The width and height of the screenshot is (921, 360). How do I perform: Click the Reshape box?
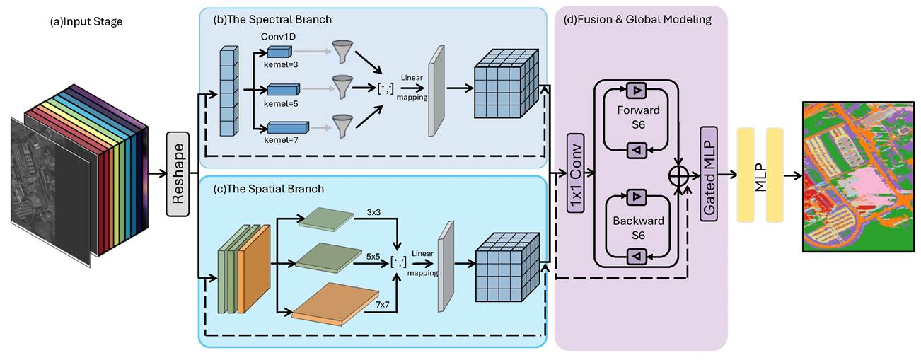[178, 174]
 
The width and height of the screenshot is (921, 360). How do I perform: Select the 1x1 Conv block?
[576, 173]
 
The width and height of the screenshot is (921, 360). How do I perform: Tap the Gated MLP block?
[709, 174]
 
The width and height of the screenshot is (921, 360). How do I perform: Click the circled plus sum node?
[678, 176]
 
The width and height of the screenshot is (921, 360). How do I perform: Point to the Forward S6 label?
[638, 117]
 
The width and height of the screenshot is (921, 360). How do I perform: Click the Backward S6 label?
[638, 228]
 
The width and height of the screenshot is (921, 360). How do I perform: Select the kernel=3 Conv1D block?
[279, 52]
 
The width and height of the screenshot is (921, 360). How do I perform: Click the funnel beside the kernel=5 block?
[342, 86]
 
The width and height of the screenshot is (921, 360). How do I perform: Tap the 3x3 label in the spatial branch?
[373, 212]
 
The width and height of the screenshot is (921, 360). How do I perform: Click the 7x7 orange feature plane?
[335, 304]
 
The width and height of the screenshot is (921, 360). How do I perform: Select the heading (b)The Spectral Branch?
[272, 19]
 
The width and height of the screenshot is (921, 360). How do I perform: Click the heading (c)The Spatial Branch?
[269, 189]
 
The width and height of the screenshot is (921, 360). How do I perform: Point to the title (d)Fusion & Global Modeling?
[637, 19]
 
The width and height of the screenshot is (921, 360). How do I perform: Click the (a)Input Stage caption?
[86, 21]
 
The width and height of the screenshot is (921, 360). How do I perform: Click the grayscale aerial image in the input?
[50, 192]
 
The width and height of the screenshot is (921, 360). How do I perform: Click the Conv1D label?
[279, 37]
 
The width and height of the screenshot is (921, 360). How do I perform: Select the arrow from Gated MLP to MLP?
[727, 175]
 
